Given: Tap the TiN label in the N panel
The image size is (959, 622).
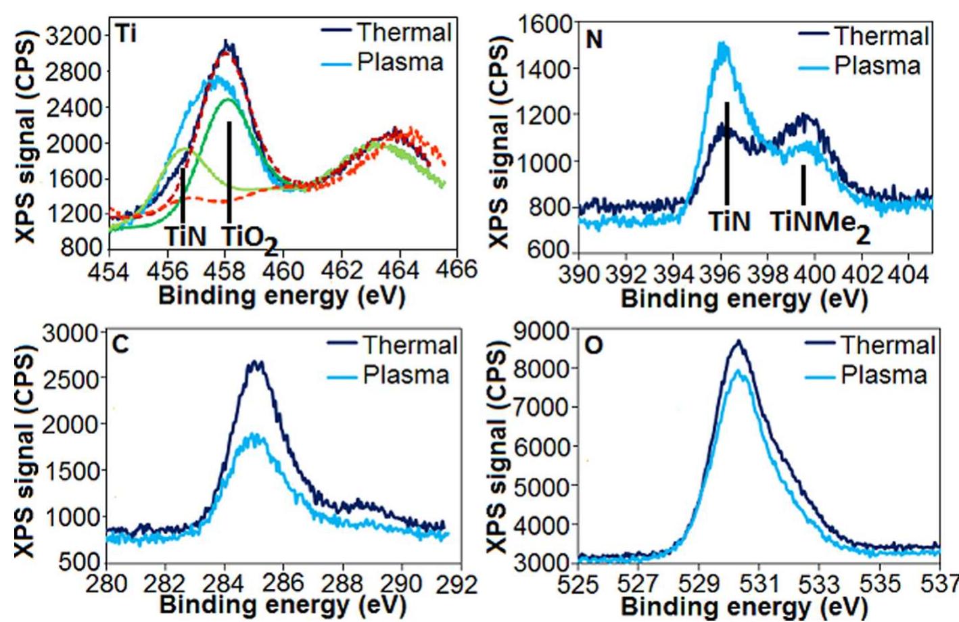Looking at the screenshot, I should [729, 220].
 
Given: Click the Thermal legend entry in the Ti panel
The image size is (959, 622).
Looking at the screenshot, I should [403, 32].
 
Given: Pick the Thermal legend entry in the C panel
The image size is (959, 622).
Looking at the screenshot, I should [409, 345].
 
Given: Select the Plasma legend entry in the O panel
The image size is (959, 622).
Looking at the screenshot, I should [883, 375].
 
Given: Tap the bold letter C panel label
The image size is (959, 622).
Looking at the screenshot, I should [120, 345].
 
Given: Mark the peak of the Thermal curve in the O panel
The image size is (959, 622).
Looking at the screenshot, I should [738, 341].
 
